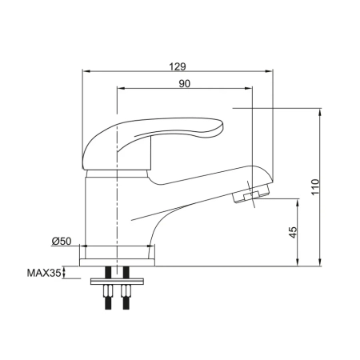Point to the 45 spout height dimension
tap(292, 231)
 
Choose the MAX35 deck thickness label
tap(44, 274)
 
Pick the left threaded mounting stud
tap(107, 300)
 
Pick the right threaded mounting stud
tap(126, 300)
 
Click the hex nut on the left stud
tap(107, 290)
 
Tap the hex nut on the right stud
tap(126, 290)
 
